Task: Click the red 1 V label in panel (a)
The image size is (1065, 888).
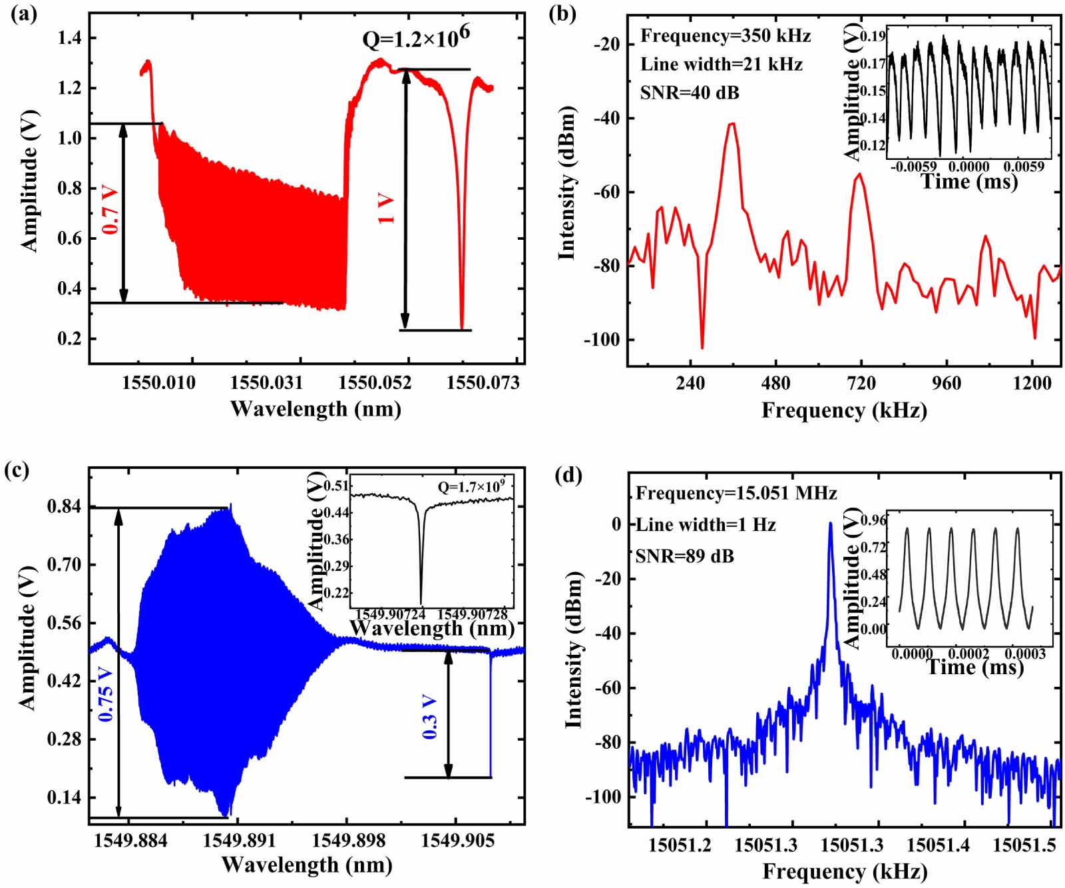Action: tap(387, 209)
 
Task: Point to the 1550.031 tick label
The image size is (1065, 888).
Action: tap(266, 383)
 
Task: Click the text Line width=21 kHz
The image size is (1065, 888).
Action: tap(722, 65)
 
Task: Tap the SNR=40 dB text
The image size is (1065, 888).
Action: tap(690, 93)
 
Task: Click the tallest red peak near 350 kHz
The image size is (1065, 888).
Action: tap(732, 124)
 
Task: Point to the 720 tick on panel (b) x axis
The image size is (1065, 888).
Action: tap(861, 384)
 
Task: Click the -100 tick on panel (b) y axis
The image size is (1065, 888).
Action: tap(602, 340)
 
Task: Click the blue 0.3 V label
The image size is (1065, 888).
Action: tap(430, 716)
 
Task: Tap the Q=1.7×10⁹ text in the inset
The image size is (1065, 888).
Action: tap(471, 487)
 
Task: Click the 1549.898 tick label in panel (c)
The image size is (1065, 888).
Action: tap(346, 841)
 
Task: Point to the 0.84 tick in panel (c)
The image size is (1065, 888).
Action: tap(65, 507)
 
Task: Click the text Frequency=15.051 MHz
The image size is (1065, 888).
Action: tap(736, 494)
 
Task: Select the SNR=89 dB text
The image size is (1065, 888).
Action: tap(685, 556)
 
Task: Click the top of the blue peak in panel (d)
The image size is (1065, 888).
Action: tap(830, 524)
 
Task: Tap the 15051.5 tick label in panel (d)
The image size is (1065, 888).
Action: tap(1024, 846)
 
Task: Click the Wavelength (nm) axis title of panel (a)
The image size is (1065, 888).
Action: tap(316, 408)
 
